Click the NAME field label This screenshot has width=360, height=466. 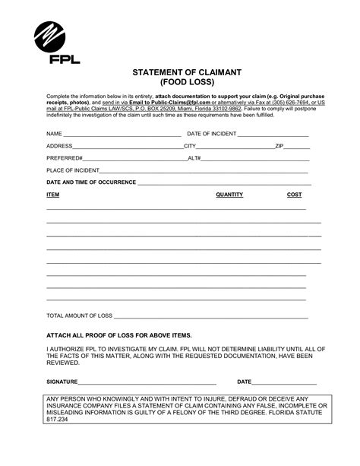(x=54, y=133)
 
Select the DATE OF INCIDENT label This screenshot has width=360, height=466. (x=211, y=133)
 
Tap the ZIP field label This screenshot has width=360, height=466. (x=279, y=145)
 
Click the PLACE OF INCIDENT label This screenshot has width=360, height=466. (x=72, y=170)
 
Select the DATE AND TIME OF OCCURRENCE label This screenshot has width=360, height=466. (x=89, y=182)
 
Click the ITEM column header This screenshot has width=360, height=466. (x=53, y=195)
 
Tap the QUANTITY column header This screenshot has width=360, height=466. (x=229, y=195)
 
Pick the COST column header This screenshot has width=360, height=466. (x=294, y=195)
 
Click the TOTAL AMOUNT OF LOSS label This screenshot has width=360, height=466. (x=79, y=315)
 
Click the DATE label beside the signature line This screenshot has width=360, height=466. (x=245, y=381)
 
